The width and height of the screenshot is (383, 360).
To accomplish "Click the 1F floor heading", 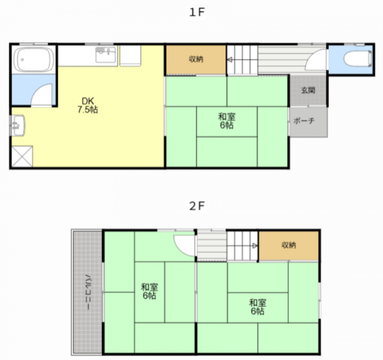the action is click(197, 12).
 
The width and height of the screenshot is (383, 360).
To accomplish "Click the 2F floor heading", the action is click(197, 206).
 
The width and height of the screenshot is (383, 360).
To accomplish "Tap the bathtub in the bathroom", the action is click(34, 59).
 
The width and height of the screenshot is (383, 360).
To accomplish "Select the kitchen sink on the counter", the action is click(106, 55).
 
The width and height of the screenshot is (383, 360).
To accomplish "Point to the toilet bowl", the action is click(358, 58).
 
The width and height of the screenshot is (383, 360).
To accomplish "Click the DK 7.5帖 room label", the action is click(88, 105).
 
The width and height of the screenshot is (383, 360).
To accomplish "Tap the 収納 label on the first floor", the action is click(196, 59).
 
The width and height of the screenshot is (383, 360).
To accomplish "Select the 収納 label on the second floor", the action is click(289, 245).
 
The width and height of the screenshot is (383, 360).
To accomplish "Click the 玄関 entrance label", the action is click(308, 90).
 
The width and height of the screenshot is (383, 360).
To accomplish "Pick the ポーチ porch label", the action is click(304, 121).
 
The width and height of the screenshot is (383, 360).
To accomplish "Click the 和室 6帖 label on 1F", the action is click(227, 121).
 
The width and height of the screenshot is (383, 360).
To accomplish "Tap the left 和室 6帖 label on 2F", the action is click(149, 291).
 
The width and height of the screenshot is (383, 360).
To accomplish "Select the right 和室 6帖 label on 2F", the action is click(258, 307).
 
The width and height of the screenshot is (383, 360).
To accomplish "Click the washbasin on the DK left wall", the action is click(18, 126).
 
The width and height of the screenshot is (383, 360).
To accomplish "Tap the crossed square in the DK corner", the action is click(22, 157).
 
